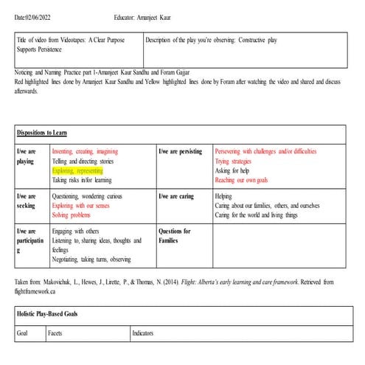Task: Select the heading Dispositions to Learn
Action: point(42,133)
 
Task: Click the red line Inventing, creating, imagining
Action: point(85,151)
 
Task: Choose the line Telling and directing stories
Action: point(83,160)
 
